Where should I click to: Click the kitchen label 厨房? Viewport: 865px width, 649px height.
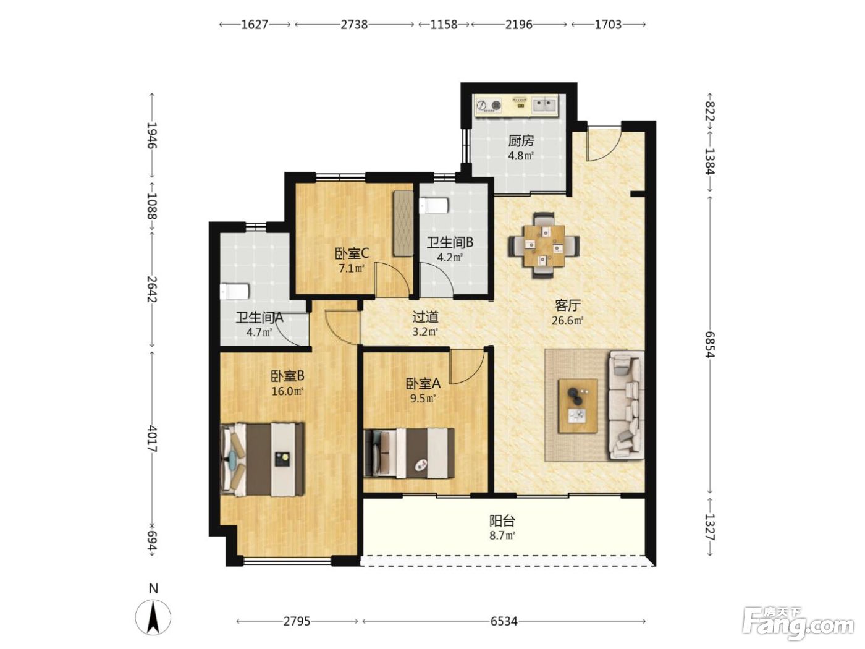pos(521,141)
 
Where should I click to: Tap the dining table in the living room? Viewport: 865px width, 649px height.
pos(544,245)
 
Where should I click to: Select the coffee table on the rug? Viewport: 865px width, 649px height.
pos(577,406)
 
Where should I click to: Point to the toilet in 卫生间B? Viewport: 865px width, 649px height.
pos(434,206)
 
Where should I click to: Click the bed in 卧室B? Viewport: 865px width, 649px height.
pos(262,459)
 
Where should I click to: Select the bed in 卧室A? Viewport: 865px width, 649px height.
pos(409,453)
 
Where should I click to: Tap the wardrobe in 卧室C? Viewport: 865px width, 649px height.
pos(403,223)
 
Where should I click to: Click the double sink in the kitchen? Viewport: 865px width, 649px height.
pos(545,105)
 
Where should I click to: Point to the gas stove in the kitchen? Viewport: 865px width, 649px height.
pos(489,106)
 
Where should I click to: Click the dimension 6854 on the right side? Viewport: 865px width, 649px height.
pos(710,344)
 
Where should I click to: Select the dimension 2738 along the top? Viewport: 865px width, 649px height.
pos(354,25)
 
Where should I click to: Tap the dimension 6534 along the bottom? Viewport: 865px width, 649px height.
pos(504,621)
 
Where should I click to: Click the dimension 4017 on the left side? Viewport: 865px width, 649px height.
pos(152,439)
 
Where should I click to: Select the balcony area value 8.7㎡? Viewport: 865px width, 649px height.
pos(502,535)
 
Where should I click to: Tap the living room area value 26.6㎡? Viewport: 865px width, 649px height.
pos(567,320)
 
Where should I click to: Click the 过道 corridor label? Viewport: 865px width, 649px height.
pos(425,317)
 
